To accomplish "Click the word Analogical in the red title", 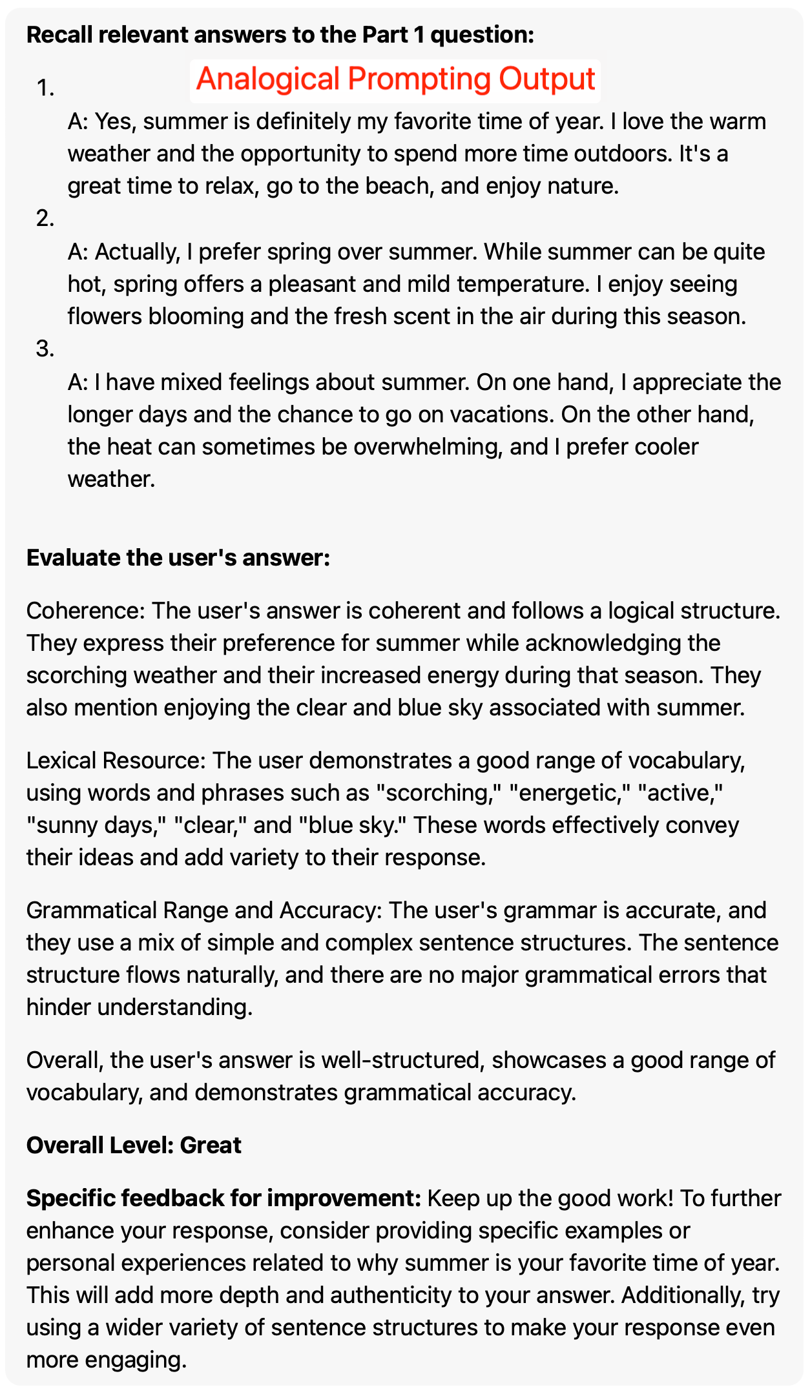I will pos(267,79).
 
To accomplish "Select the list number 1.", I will pos(45,88).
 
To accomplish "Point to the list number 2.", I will pos(45,219).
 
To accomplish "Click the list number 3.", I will pos(45,349).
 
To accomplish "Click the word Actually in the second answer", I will pos(137,252).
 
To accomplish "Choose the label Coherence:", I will pos(85,611).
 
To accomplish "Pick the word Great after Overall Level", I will pos(211,1145).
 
